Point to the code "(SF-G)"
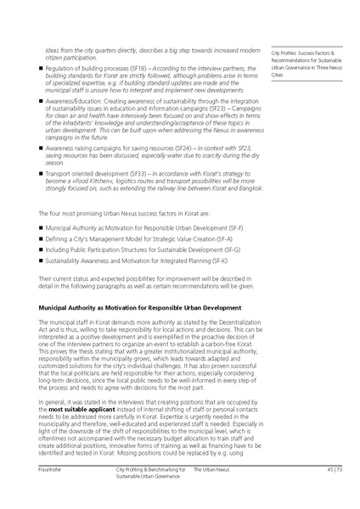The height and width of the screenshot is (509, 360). click(x=229, y=252)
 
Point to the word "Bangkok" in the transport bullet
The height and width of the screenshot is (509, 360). click(x=240, y=187)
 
